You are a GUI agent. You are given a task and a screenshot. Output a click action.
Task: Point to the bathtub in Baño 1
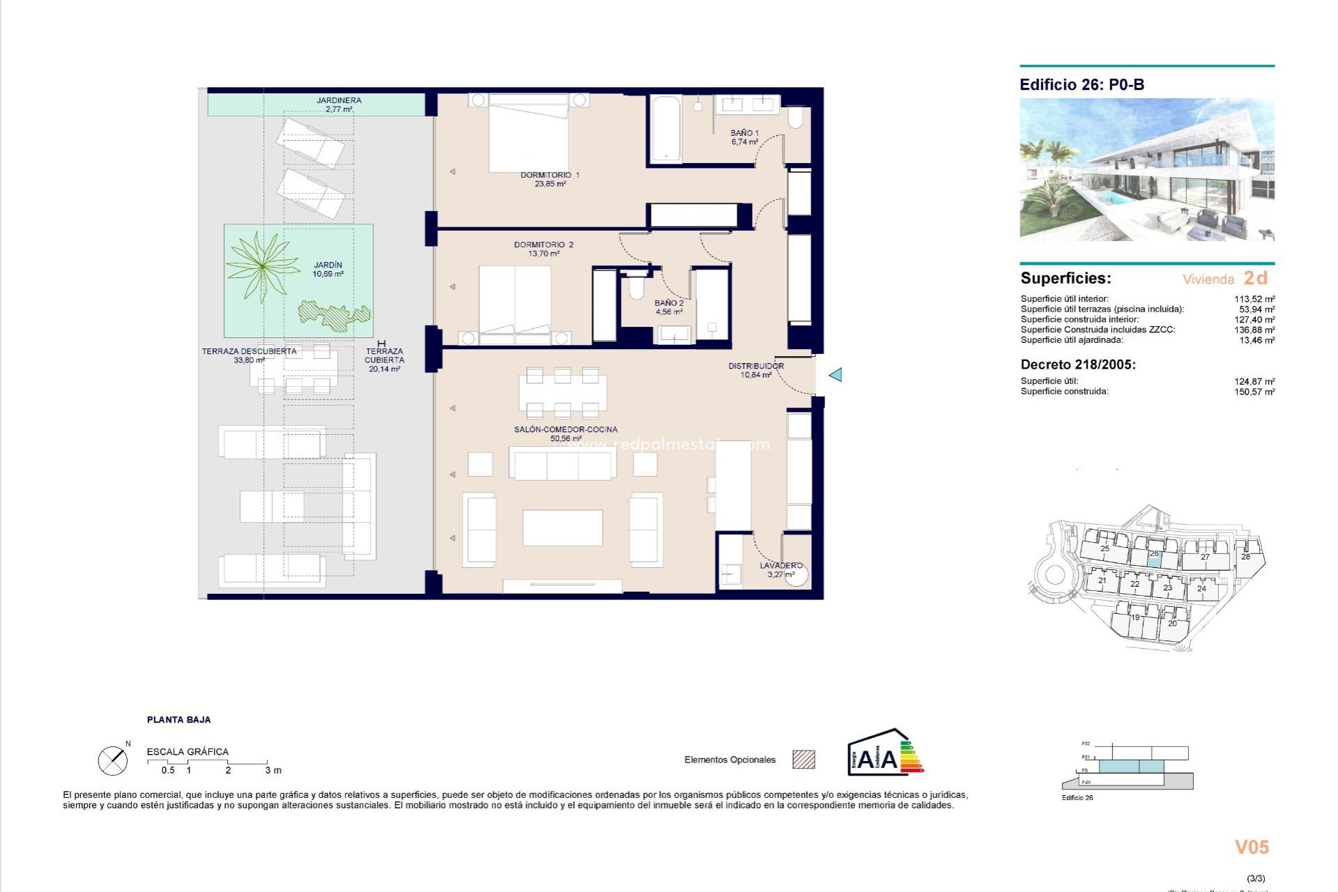click(x=665, y=129)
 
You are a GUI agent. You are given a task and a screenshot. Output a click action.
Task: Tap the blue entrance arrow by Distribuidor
click(x=836, y=375)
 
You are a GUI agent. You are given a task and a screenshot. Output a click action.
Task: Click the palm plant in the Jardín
click(x=262, y=266)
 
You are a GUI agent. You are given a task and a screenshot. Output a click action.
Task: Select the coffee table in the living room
click(x=562, y=528)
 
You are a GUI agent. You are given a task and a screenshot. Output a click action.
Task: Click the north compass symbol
click(x=113, y=760)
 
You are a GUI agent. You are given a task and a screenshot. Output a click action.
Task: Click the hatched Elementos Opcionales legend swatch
click(x=803, y=760)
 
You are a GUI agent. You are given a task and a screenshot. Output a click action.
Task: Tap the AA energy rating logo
click(x=884, y=754)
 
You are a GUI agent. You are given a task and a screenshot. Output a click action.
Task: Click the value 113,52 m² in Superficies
click(x=1254, y=299)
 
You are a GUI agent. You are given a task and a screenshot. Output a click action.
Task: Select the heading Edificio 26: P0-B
click(x=1082, y=85)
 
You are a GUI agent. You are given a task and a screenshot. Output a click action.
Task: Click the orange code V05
click(x=1252, y=847)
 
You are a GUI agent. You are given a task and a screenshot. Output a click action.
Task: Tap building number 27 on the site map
click(x=1205, y=557)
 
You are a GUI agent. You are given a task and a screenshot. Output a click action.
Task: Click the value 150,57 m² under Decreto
click(x=1254, y=392)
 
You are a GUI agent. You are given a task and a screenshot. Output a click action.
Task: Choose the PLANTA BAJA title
click(x=178, y=720)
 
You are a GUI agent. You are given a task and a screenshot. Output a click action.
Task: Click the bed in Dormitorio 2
click(x=514, y=304)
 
